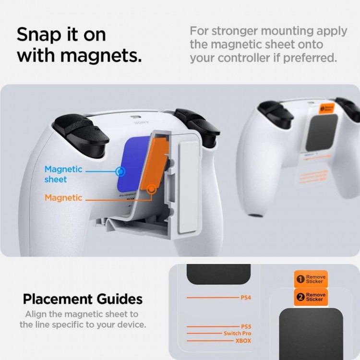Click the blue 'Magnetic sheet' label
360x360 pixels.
(x=63, y=174)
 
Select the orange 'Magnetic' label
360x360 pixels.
(x=63, y=198)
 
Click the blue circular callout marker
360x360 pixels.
(x=121, y=170)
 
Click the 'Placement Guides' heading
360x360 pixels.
(x=83, y=299)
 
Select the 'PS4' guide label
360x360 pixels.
(x=246, y=298)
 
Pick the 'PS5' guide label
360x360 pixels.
(x=246, y=326)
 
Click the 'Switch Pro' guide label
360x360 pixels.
(x=237, y=334)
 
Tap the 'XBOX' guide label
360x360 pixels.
(x=243, y=341)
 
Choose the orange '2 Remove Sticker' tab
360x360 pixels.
(x=310, y=297)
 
